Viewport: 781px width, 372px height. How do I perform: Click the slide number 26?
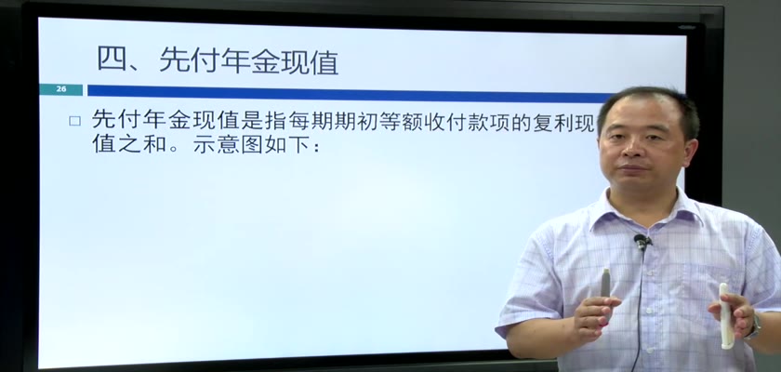point(61,89)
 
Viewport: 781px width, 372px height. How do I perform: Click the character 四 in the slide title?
point(111,60)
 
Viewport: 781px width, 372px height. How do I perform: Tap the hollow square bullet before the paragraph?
point(74,121)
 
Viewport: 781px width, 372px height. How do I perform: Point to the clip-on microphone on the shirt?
point(642,242)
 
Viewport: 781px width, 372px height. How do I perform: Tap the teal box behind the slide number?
point(61,89)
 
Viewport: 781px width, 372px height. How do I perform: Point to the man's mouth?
point(631,168)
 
